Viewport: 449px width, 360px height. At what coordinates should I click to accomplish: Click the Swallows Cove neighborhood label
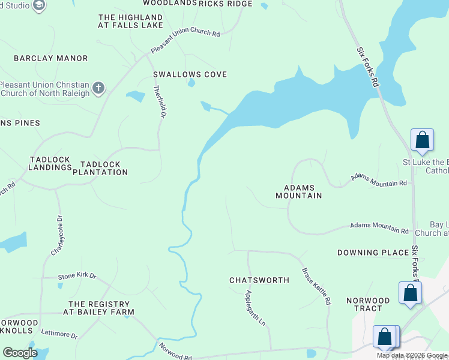[x=190, y=74]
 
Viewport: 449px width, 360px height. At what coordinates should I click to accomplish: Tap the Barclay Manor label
[x=51, y=58]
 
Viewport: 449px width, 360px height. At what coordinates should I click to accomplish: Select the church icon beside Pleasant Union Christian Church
[x=98, y=89]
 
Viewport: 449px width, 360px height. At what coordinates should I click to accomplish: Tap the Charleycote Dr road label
[x=56, y=236]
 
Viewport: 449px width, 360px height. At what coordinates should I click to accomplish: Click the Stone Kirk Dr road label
[x=77, y=276]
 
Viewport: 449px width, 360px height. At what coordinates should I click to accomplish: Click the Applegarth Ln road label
[x=255, y=308]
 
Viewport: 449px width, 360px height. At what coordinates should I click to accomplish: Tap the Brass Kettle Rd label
[x=316, y=286]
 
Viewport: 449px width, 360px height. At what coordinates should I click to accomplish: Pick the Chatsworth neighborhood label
[x=259, y=280]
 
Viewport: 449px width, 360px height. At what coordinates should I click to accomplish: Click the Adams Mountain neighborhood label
[x=298, y=191]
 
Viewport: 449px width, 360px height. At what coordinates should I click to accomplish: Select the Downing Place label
[x=373, y=253]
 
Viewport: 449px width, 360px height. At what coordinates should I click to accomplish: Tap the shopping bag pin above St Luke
[x=422, y=140]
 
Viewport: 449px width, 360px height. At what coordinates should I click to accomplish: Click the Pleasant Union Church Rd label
[x=185, y=41]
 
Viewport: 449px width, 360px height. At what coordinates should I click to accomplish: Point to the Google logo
[x=20, y=353]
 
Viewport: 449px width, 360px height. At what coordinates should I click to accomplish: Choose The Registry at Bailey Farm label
[x=101, y=308]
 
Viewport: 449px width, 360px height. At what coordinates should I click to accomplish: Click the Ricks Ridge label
[x=226, y=4]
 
